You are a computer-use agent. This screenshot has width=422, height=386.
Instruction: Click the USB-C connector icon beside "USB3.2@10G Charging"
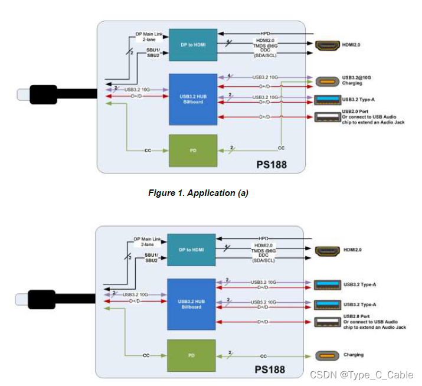tap(327, 81)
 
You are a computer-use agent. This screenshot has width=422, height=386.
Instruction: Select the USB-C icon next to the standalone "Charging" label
tap(327, 355)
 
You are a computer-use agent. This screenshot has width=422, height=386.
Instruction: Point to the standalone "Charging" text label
tap(354, 355)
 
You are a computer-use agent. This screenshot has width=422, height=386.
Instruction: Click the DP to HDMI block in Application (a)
tap(194, 45)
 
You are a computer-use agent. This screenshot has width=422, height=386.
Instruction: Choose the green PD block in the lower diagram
tap(192, 355)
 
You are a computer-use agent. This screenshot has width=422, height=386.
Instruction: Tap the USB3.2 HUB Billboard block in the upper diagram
tap(194, 99)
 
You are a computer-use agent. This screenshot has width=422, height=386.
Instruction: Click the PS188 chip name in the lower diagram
tap(270, 370)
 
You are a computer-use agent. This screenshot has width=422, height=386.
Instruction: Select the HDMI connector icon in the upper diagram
tap(327, 45)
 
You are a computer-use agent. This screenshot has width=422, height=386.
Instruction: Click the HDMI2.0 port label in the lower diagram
tap(353, 250)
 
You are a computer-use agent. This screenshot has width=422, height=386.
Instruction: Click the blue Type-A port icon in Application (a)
tap(327, 99)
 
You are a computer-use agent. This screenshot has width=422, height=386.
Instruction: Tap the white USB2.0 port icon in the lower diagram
tap(327, 322)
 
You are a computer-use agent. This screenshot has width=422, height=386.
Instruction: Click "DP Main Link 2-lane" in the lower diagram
tap(149, 242)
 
